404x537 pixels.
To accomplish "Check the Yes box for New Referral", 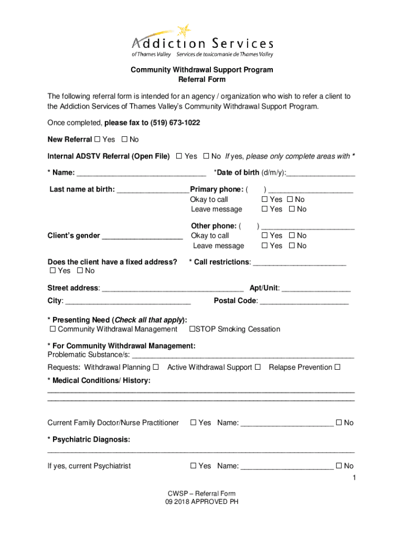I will click(97, 139).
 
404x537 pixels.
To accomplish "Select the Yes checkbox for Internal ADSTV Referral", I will click(179, 156).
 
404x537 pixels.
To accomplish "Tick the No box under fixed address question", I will click(79, 271).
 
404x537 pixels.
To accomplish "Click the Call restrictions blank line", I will click(300, 263).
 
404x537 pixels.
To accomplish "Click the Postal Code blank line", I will click(304, 302).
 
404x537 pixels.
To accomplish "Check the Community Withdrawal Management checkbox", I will click(52, 329).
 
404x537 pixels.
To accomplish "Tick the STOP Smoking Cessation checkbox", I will click(192, 329).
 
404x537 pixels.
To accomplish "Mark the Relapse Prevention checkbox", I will click(337, 367).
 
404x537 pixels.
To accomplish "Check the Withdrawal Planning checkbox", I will click(156, 367).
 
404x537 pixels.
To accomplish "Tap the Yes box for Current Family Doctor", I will click(193, 423).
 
